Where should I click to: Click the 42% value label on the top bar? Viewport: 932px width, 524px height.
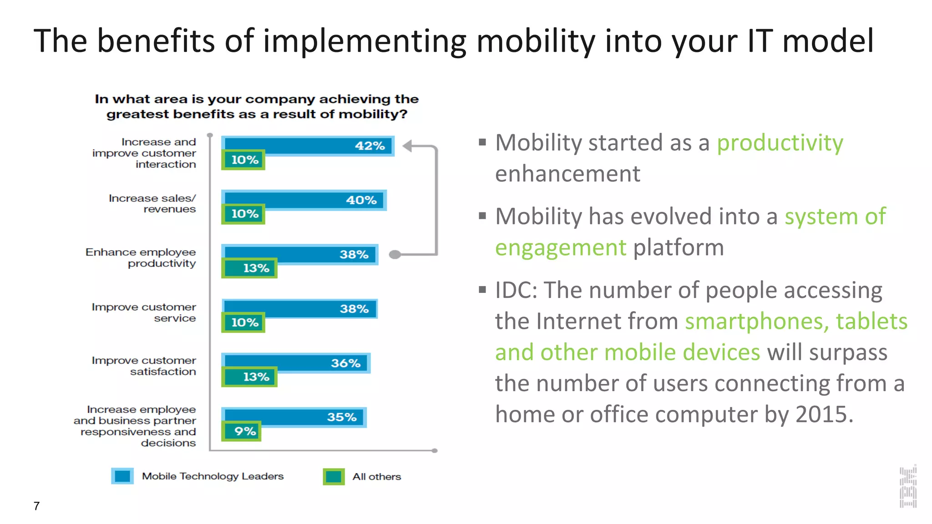(370, 146)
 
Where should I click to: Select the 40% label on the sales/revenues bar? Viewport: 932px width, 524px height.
(361, 200)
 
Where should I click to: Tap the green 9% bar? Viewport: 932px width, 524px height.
(242, 431)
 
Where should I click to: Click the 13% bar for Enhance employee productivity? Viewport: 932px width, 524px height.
(249, 268)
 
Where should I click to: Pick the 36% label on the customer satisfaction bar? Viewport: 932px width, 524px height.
(345, 363)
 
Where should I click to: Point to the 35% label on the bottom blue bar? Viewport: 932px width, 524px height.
(342, 417)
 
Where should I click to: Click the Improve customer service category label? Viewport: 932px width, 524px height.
(144, 312)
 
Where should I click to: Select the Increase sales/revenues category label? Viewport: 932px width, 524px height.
(152, 204)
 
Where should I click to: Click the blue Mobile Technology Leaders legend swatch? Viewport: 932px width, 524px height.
(122, 476)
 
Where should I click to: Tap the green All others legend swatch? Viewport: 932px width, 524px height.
(334, 477)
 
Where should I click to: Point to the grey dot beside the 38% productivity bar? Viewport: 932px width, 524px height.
(395, 255)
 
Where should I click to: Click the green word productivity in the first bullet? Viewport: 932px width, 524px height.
(780, 143)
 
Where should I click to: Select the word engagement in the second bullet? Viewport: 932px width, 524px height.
(561, 248)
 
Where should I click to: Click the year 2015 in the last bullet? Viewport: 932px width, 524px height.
(821, 414)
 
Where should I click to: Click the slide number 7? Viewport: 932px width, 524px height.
(36, 506)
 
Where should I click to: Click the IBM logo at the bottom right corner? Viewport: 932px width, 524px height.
(908, 487)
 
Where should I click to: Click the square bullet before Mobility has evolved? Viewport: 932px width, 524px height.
(482, 216)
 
